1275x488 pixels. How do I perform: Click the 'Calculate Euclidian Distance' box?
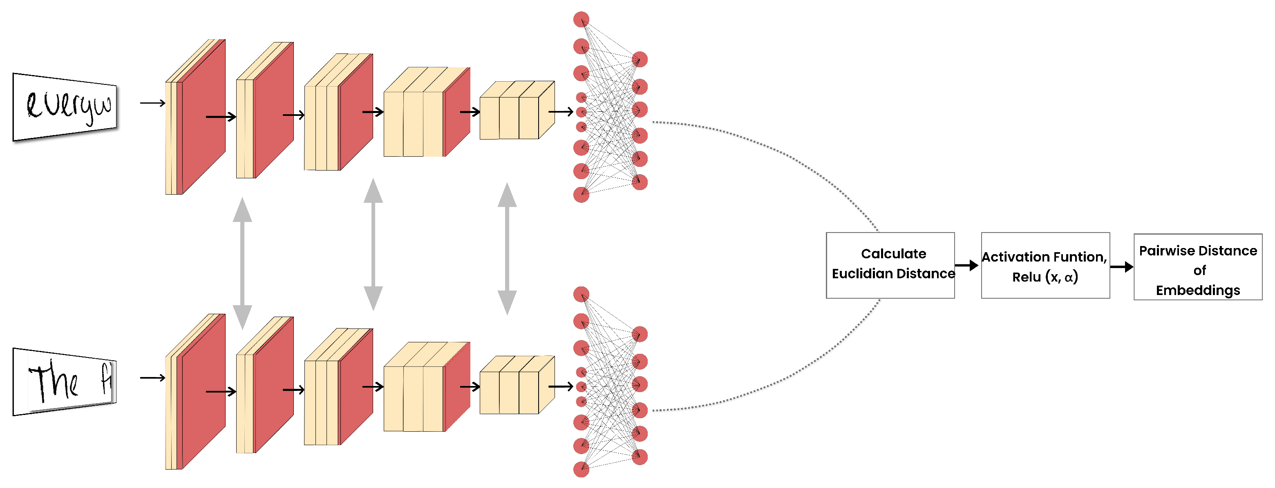click(890, 265)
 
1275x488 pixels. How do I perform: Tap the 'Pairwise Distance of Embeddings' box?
click(1197, 266)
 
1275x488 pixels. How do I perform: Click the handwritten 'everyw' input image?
click(65, 107)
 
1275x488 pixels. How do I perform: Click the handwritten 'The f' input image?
click(65, 381)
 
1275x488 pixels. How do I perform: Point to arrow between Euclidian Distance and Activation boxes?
click(966, 266)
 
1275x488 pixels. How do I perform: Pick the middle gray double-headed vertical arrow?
click(373, 245)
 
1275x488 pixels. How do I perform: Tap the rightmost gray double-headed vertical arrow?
click(507, 249)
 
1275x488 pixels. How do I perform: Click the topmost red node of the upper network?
click(581, 20)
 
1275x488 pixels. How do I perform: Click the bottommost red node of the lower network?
click(581, 469)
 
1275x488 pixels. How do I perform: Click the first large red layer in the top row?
click(203, 119)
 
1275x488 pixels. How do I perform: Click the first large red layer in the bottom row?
click(203, 393)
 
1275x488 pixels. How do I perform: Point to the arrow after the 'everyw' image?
click(152, 103)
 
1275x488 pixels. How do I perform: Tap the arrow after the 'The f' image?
click(152, 378)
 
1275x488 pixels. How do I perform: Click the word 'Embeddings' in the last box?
click(1198, 290)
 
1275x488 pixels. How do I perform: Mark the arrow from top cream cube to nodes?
click(561, 112)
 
